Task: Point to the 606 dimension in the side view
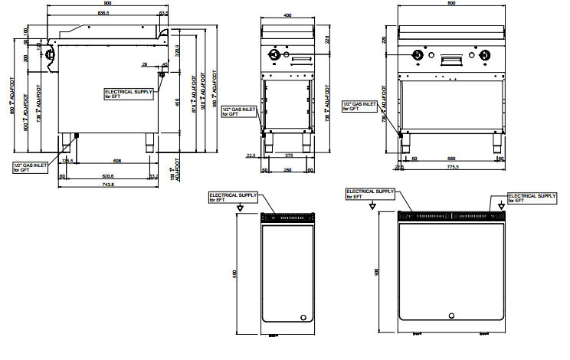(116, 161)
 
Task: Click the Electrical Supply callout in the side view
(129, 93)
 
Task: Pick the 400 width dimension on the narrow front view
(287, 15)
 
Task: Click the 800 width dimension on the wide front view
(452, 3)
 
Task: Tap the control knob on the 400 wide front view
(274, 56)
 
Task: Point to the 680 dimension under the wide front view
(452, 159)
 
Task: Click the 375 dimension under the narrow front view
(288, 155)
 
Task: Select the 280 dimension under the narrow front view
(287, 169)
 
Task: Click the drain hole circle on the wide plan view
(452, 317)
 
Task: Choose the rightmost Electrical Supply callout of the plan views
(532, 197)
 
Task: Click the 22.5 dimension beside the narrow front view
(251, 155)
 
